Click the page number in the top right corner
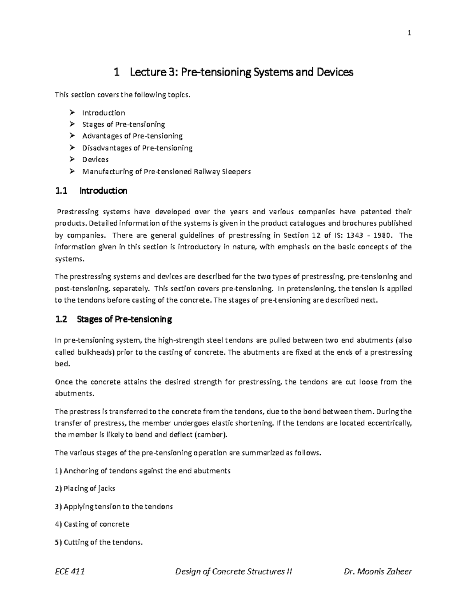(409, 33)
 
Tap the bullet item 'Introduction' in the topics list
(104, 113)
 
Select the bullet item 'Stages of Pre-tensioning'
(123, 124)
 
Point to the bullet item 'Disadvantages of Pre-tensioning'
(137, 148)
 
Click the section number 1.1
(61, 191)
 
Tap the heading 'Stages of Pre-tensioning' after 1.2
(125, 320)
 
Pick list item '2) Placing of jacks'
(85, 488)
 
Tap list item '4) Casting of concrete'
(92, 524)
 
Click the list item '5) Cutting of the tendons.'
(99, 542)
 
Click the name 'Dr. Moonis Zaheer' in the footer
(378, 571)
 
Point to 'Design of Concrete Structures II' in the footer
(233, 571)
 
